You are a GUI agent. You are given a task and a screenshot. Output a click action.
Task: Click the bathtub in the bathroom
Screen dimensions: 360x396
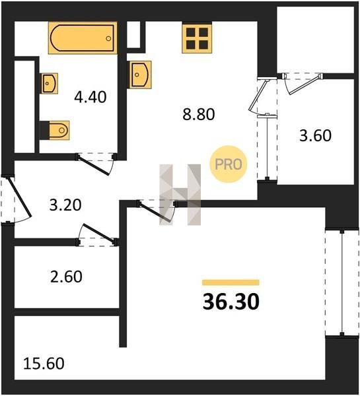tap(83, 38)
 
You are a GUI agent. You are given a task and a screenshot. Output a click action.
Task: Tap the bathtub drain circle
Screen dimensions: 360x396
tap(108, 38)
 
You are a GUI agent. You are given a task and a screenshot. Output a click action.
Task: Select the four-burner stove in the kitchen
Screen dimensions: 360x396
tap(197, 38)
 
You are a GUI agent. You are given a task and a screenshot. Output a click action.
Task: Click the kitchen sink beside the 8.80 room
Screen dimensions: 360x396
tap(139, 75)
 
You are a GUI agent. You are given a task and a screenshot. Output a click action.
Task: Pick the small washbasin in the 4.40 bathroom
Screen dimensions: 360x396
tap(49, 83)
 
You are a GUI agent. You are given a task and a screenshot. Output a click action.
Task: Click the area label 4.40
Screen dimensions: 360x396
tap(90, 97)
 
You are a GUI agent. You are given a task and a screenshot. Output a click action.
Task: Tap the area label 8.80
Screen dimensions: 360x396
tap(199, 114)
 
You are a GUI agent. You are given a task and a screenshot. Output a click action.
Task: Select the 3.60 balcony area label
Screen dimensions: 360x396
tap(315, 135)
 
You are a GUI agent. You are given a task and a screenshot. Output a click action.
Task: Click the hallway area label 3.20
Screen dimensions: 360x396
tap(65, 205)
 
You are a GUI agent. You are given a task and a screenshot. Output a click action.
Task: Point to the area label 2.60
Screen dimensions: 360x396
tap(66, 277)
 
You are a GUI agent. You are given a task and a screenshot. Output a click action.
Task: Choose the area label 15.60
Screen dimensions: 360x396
tap(44, 364)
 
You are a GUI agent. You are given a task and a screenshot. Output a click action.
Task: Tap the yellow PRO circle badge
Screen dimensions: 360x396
tap(229, 164)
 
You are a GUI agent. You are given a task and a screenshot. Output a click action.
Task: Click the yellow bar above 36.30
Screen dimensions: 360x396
tap(231, 282)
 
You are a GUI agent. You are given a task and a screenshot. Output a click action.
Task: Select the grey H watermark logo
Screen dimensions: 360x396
tap(180, 195)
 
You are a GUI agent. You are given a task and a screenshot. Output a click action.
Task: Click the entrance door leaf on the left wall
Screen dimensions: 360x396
tap(20, 197)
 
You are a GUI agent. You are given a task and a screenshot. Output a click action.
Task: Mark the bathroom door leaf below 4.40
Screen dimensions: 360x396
tap(94, 166)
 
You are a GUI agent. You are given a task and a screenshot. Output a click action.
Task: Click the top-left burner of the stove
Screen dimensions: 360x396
tap(191, 32)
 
